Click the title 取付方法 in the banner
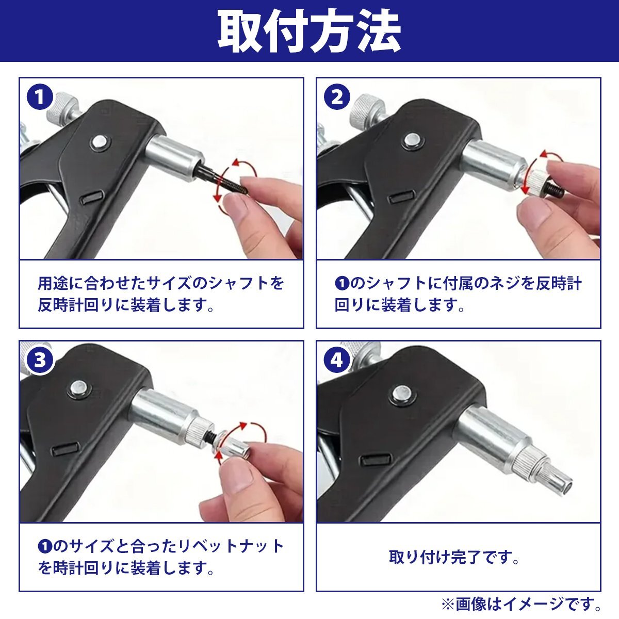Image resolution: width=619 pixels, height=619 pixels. point(309,31)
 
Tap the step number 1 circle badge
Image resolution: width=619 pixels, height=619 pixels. point(40,97)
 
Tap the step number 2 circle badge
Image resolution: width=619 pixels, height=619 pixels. point(337,97)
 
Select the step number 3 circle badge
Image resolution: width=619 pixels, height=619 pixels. point(40,360)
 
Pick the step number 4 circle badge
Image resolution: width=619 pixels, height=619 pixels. point(337,360)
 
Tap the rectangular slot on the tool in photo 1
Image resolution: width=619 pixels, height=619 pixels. point(91,197)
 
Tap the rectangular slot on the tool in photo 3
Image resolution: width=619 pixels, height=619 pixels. point(67,448)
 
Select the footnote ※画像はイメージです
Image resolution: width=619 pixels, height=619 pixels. point(522,603)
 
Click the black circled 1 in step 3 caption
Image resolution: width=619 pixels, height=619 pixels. point(45,546)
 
